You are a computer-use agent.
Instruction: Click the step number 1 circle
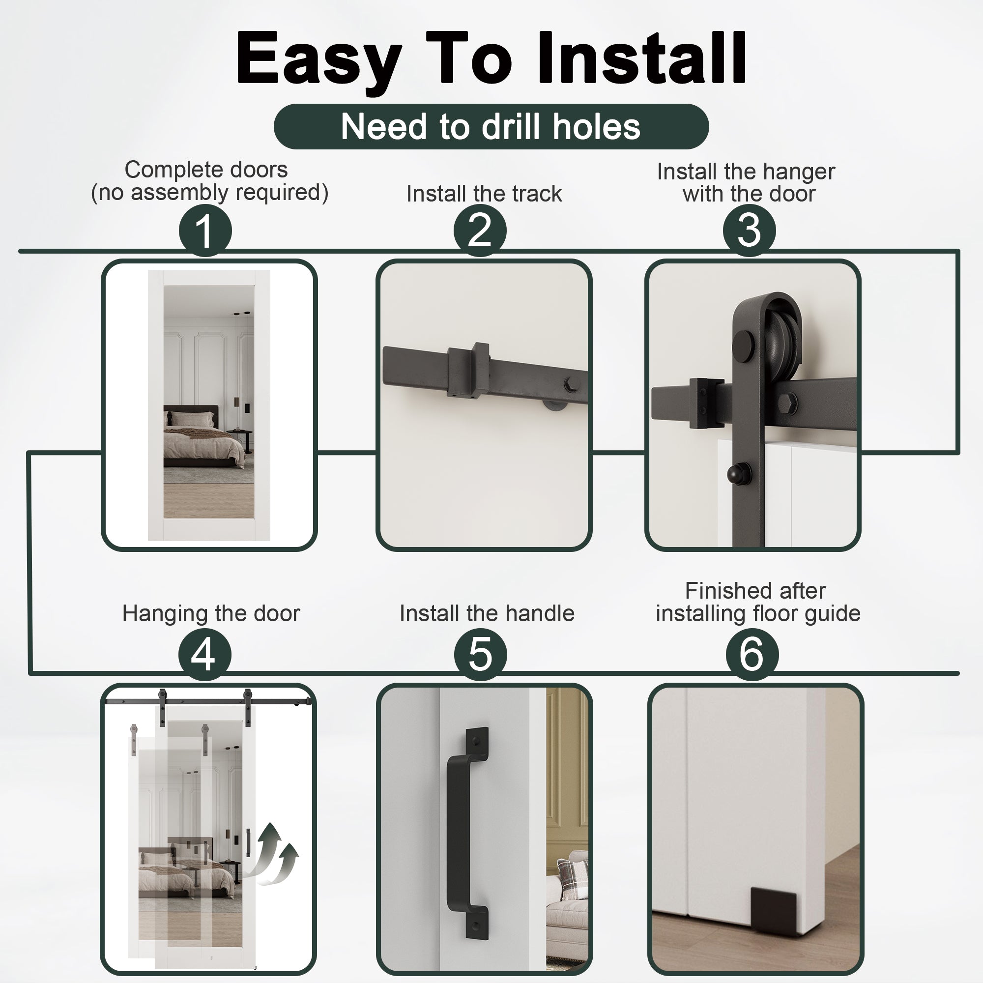click(205, 231)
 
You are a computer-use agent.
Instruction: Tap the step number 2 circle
click(480, 231)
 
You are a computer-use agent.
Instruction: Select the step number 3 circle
click(749, 231)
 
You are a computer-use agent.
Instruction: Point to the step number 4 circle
click(204, 654)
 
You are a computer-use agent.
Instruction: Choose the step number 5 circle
click(480, 654)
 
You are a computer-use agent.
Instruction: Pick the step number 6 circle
click(752, 654)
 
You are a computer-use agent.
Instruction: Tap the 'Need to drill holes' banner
click(491, 126)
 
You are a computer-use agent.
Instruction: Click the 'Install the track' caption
click(484, 194)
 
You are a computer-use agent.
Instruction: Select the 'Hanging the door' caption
click(211, 613)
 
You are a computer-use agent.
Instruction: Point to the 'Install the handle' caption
click(487, 613)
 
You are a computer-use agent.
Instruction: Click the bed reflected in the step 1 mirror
click(203, 438)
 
